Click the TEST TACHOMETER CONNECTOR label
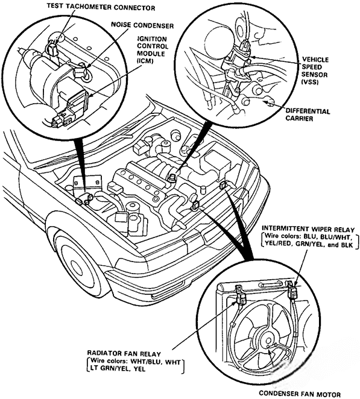96,8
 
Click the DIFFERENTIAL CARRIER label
307,115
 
